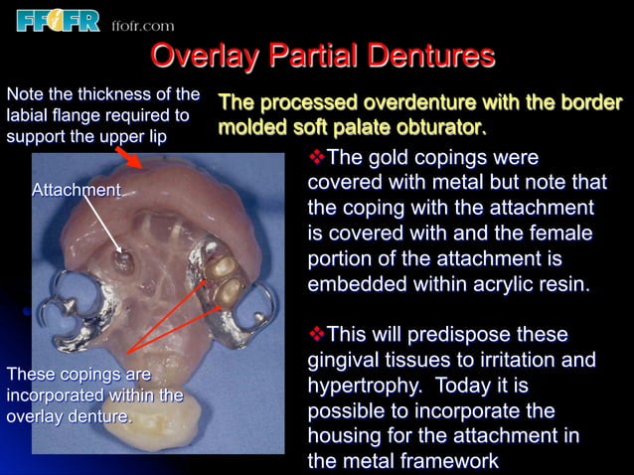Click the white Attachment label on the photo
(x=77, y=189)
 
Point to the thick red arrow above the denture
(x=130, y=156)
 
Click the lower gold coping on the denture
(x=232, y=290)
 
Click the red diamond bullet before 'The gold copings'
(x=317, y=158)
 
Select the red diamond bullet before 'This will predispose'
(x=317, y=333)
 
